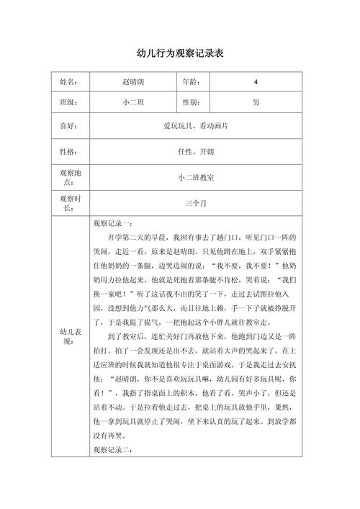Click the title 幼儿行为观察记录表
click(x=180, y=54)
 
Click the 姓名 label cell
click(x=68, y=82)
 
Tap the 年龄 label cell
click(x=191, y=82)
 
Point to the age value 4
click(x=256, y=82)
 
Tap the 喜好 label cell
click(x=68, y=126)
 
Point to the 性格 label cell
click(x=68, y=152)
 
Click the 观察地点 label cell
click(x=68, y=177)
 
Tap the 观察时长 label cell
click(x=68, y=203)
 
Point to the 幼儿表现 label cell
click(x=68, y=336)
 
